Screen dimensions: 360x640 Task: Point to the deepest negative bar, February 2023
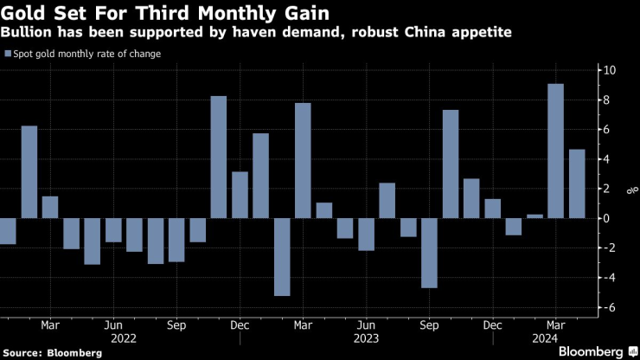[x=282, y=256]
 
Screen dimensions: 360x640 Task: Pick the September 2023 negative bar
[x=429, y=253]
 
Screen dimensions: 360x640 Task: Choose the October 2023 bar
[x=450, y=164]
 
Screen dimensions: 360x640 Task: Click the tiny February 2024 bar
[x=534, y=215]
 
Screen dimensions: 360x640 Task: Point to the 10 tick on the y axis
[x=611, y=70]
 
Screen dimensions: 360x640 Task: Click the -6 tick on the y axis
[x=609, y=307]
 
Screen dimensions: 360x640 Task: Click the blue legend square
[x=8, y=54]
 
